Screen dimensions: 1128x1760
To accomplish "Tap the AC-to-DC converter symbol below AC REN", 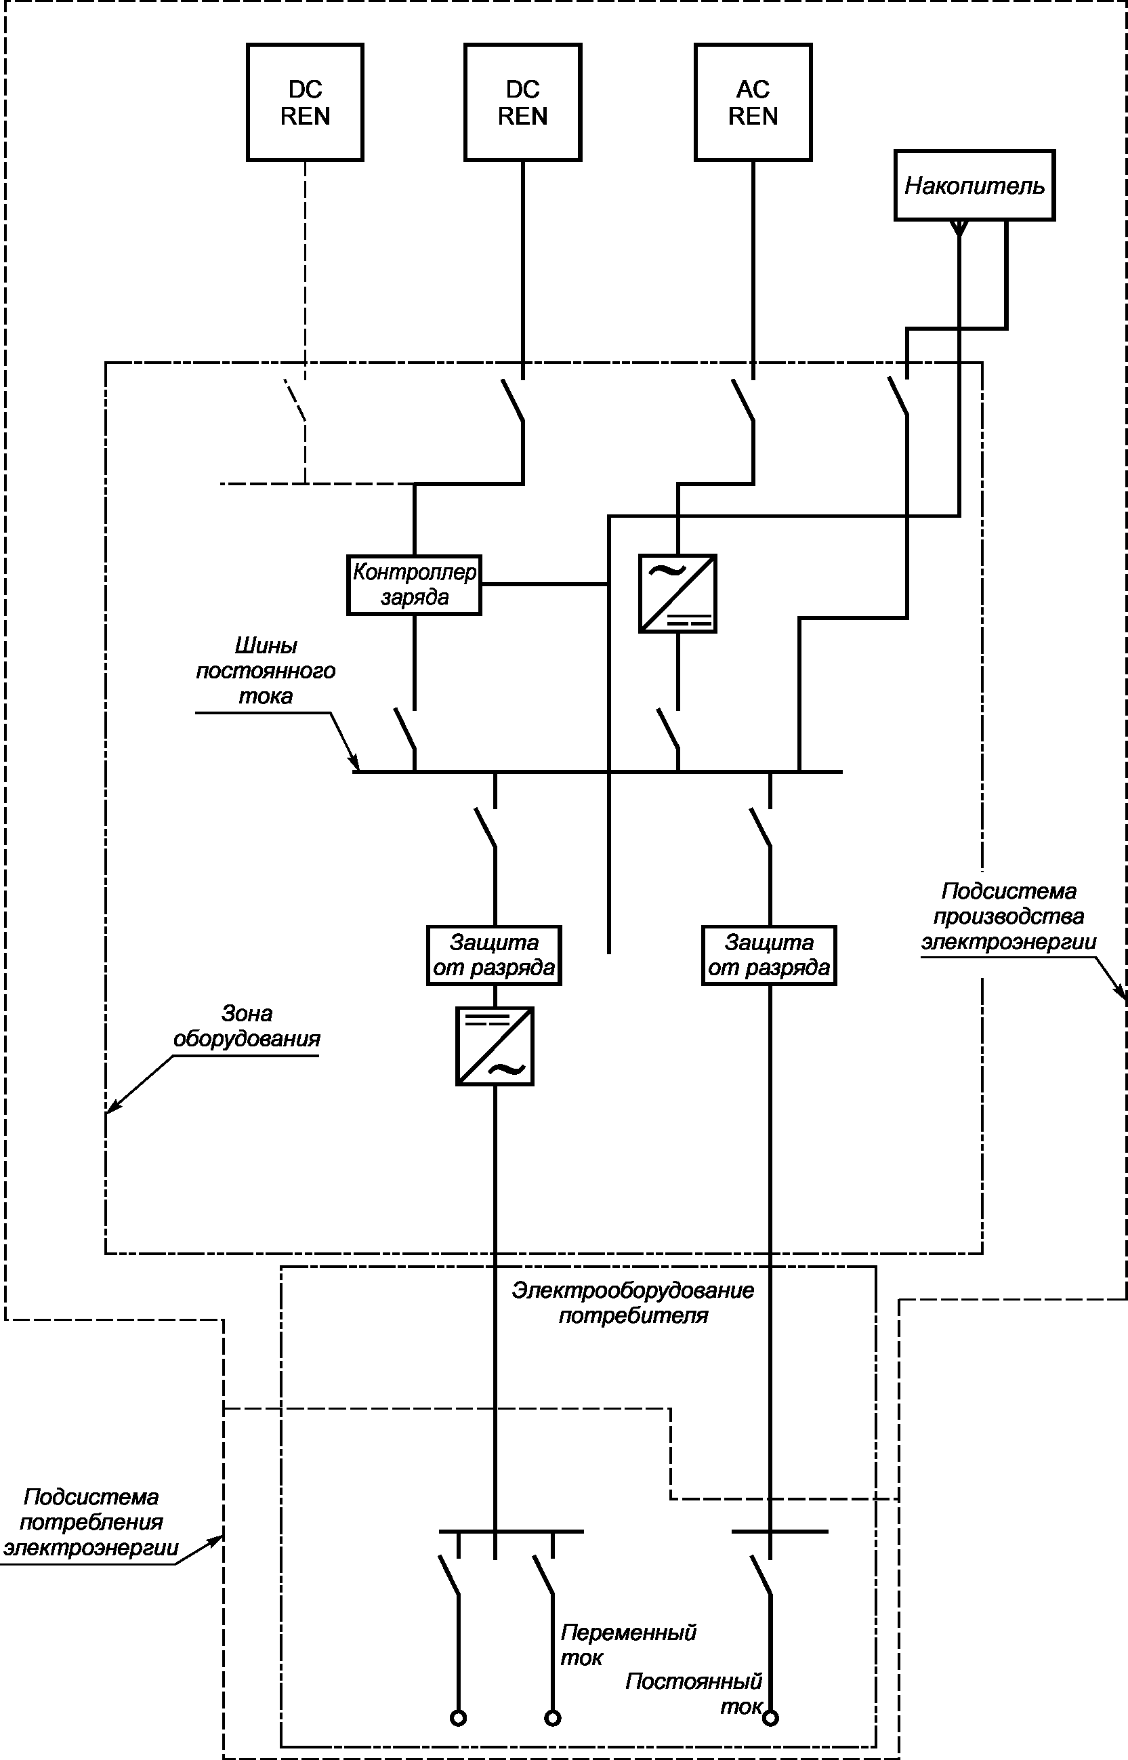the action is [677, 594].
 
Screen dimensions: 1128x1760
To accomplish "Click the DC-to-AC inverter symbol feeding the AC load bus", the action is [495, 1046].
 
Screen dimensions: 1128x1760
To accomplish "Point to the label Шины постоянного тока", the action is [265, 670].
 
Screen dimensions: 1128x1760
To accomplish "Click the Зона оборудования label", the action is [247, 1026].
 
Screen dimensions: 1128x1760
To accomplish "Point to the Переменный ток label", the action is [629, 1645].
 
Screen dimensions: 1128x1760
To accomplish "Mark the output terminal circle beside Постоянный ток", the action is [770, 1717].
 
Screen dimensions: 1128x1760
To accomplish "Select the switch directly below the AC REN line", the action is [743, 400].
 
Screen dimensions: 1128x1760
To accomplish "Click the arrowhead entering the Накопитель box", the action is [958, 228].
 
